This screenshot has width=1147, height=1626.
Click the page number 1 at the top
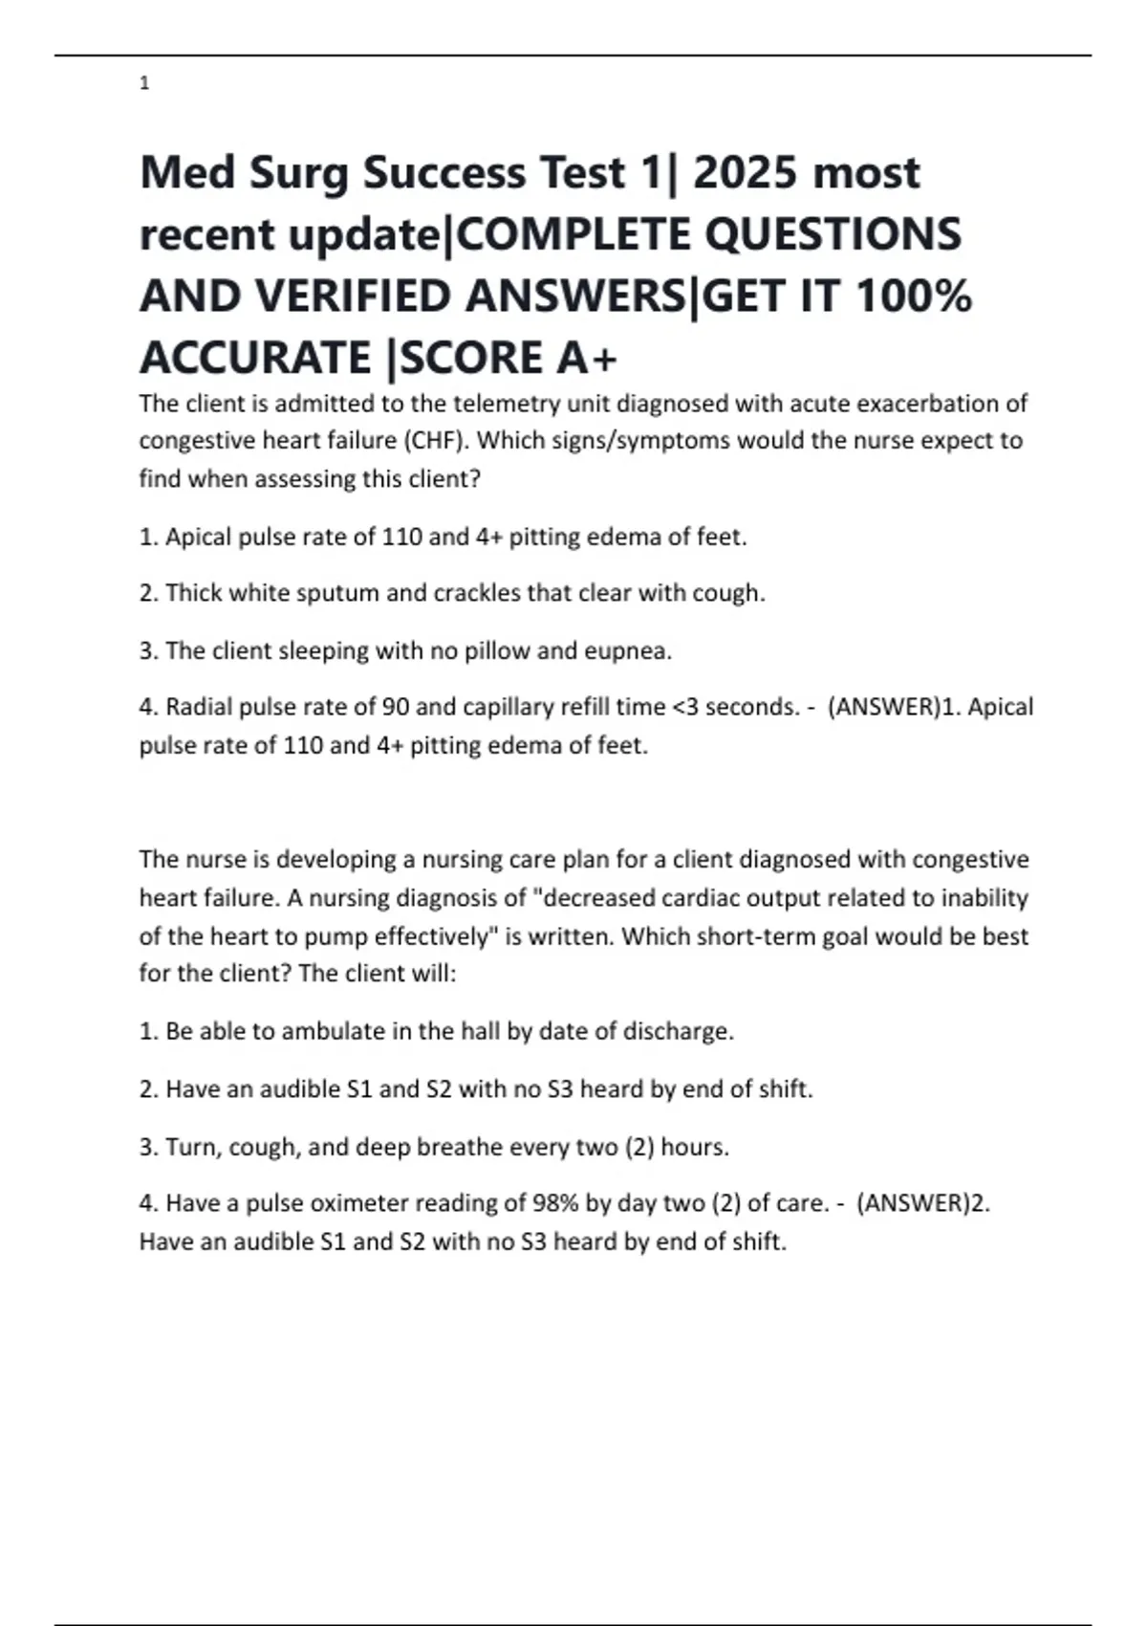144,84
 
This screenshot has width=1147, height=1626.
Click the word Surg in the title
299,174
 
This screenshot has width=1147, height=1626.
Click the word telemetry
504,404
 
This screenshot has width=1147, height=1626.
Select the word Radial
199,708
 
